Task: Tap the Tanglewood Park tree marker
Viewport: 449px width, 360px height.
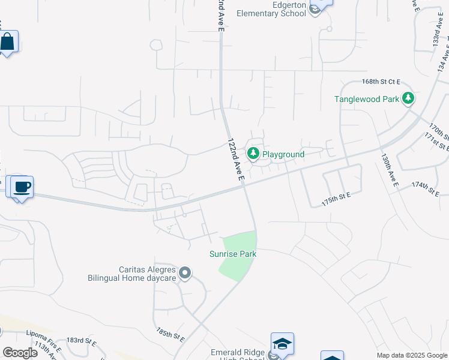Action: click(408, 98)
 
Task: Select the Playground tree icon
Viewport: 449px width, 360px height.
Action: click(253, 154)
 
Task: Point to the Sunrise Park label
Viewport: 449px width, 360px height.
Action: click(233, 254)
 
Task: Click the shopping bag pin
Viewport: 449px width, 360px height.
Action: click(7, 42)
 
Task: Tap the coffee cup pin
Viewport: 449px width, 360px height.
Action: click(22, 187)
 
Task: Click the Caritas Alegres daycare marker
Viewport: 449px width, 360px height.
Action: click(185, 274)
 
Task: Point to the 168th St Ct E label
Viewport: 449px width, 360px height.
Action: click(381, 82)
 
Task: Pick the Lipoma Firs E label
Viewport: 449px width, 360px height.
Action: click(44, 335)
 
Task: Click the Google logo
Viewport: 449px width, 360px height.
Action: click(20, 352)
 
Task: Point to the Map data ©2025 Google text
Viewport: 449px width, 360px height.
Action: click(411, 355)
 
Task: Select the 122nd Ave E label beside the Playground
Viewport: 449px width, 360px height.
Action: click(235, 160)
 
